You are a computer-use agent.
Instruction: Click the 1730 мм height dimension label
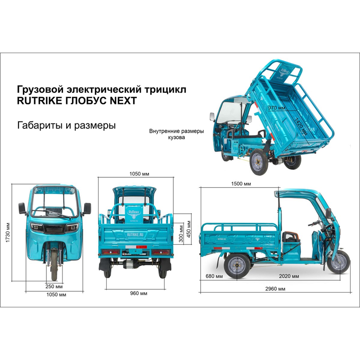point(8,232)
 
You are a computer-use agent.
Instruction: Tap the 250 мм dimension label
point(54,286)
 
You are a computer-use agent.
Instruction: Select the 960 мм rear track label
point(139,293)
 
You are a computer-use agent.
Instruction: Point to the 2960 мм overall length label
point(275,289)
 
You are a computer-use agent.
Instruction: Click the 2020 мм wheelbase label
point(289,276)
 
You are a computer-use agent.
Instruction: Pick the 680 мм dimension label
point(214,276)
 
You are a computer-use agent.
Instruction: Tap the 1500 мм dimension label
point(241,184)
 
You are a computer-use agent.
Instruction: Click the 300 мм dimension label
point(181,234)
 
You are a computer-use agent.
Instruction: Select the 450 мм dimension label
point(189,229)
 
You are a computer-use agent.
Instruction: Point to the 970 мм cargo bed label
point(277,108)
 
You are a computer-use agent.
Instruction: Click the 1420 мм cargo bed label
point(301,126)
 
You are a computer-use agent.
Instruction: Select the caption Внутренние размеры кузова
point(176,134)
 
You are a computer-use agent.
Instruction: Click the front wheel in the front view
point(54,265)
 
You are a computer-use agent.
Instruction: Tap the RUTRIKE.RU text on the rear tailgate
point(135,234)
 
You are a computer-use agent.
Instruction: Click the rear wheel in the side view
point(237,265)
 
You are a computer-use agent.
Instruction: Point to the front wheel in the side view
point(338,262)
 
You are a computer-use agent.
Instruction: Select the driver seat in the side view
point(291,238)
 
